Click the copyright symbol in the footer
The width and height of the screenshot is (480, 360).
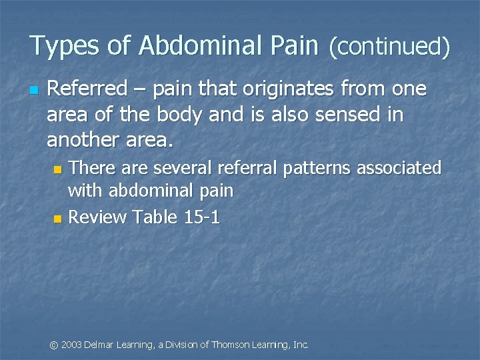coord(55,345)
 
